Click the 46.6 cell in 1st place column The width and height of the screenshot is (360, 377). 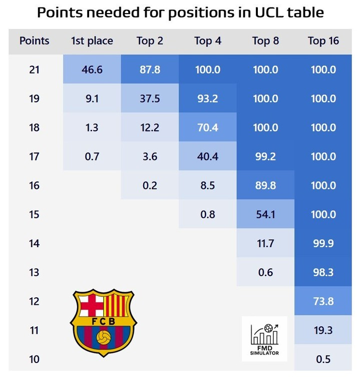[92, 69]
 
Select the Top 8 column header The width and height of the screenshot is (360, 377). [265, 41]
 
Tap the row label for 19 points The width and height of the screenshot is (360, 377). [34, 98]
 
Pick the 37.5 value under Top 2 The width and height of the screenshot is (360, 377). [150, 98]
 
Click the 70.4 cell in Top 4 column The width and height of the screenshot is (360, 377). [208, 127]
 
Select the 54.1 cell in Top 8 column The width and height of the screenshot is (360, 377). [265, 214]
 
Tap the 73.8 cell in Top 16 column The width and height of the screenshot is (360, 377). [323, 301]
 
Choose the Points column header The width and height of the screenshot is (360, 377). [34, 41]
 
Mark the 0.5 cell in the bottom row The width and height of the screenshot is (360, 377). [323, 359]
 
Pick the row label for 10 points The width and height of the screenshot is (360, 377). [34, 359]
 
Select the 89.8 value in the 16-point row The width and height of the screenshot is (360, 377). [265, 185]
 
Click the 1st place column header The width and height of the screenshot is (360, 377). [92, 41]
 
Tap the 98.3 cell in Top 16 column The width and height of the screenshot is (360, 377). [323, 272]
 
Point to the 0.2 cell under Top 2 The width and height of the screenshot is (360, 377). [150, 185]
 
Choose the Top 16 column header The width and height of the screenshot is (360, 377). [323, 41]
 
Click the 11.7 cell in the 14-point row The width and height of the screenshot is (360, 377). [265, 243]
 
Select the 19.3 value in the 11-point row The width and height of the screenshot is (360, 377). [323, 330]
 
